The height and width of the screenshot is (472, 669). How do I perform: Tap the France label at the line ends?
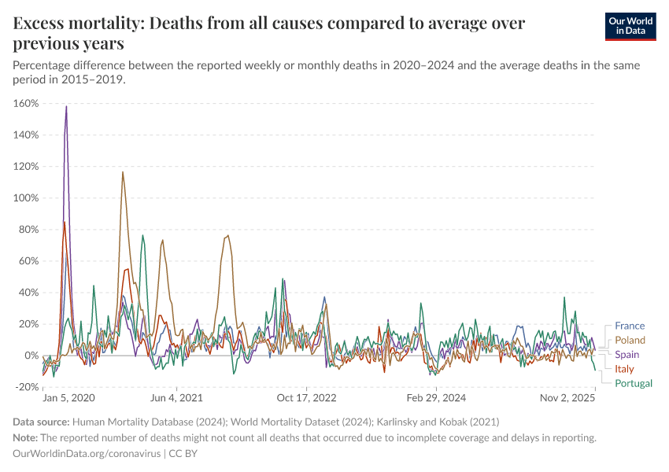pyautogui.click(x=629, y=326)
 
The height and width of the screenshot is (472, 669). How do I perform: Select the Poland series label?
pyautogui.click(x=630, y=340)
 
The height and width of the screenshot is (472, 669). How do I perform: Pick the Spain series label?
pyautogui.click(x=627, y=355)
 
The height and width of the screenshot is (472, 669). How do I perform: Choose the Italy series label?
pyautogui.click(x=624, y=369)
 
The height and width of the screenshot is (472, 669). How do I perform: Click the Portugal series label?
pyautogui.click(x=634, y=383)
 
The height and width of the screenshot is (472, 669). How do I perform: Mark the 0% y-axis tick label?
pyautogui.click(x=31, y=355)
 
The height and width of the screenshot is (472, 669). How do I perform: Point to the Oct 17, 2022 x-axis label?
pyautogui.click(x=307, y=400)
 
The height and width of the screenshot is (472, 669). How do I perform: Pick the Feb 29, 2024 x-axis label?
pyautogui.click(x=435, y=400)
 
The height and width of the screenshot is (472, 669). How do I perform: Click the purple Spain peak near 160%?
pyautogui.click(x=66, y=106)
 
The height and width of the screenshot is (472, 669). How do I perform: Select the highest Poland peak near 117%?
pyautogui.click(x=123, y=171)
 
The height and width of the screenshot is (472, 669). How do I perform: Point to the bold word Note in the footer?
pyautogui.click(x=25, y=437)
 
